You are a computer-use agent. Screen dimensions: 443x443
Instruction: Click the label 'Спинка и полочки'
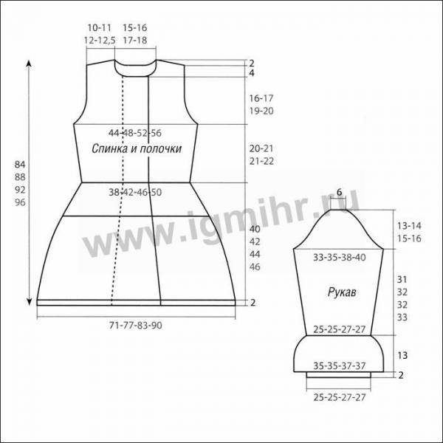click(x=137, y=148)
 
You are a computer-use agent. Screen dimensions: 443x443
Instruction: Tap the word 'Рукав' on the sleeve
click(x=342, y=292)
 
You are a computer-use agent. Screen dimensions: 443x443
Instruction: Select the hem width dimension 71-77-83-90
click(x=136, y=326)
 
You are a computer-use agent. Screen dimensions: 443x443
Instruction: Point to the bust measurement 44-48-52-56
click(x=135, y=133)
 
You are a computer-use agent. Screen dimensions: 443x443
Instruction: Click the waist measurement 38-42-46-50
click(x=135, y=192)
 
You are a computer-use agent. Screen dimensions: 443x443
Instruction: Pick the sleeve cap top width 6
click(x=339, y=192)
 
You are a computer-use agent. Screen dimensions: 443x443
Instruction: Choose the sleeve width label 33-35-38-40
click(x=340, y=258)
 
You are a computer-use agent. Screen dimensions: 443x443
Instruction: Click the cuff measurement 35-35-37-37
click(x=340, y=366)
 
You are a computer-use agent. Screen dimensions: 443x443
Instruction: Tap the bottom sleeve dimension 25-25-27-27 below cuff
click(x=340, y=397)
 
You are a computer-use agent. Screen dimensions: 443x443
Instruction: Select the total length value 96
click(x=20, y=202)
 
